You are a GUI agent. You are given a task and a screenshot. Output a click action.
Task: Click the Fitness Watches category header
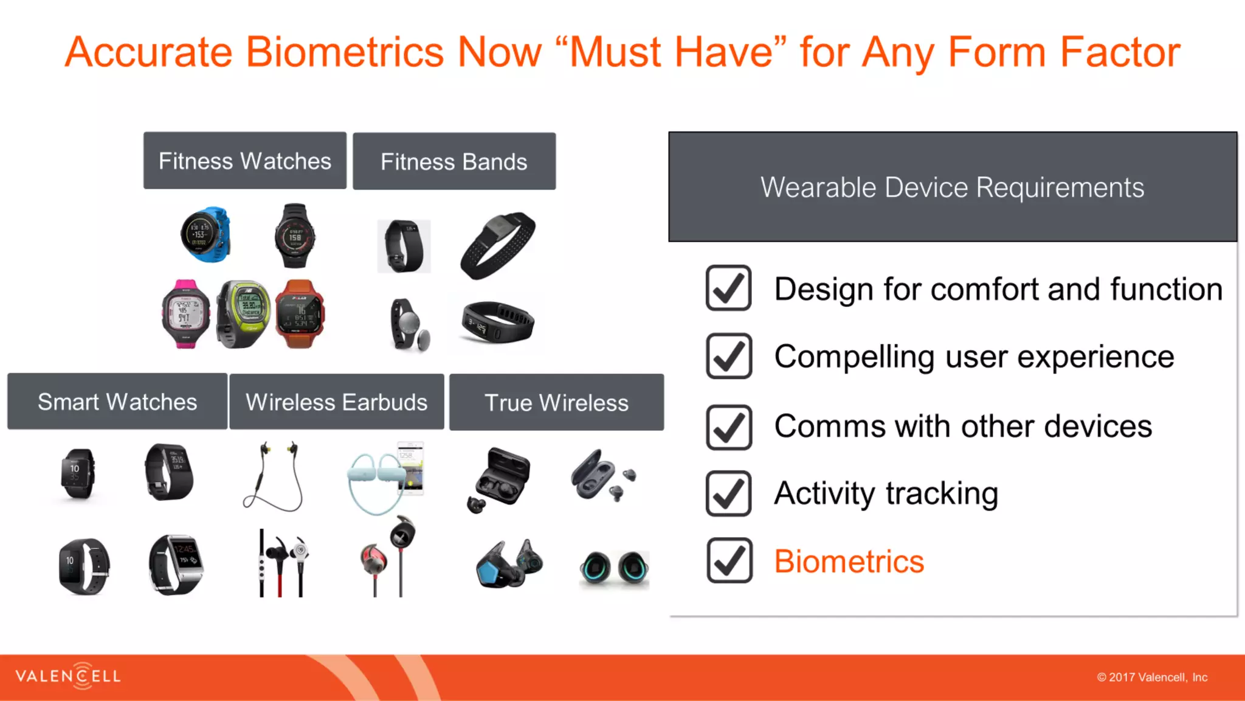[244, 161]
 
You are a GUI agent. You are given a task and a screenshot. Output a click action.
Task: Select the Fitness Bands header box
[454, 162]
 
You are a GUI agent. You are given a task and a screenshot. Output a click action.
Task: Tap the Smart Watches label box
[117, 402]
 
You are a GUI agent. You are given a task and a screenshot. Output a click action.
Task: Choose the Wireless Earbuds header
[336, 402]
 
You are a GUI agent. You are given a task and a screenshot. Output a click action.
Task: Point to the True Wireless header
[556, 403]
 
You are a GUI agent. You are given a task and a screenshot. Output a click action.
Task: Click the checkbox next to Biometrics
[729, 560]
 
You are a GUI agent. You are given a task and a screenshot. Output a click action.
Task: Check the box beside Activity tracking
[729, 493]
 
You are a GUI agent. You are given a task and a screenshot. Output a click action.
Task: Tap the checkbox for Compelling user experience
[729, 356]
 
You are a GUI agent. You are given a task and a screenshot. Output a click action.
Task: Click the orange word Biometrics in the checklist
[849, 561]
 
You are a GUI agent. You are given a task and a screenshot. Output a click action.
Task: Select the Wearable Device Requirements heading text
[952, 187]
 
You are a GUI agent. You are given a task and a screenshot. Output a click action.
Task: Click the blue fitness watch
[205, 235]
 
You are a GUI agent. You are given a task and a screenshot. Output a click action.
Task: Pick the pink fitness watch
[185, 314]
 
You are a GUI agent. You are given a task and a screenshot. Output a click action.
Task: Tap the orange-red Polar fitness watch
[300, 313]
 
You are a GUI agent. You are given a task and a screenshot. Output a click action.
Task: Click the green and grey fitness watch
[243, 313]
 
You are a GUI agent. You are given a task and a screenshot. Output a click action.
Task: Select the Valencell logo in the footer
[68, 676]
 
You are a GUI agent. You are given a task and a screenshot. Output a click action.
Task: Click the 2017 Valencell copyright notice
[1152, 677]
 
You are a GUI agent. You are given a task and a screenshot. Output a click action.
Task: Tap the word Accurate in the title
[149, 52]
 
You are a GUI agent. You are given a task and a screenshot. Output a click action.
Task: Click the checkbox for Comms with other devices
[729, 427]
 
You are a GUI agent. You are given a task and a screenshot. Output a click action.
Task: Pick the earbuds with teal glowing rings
[615, 567]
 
